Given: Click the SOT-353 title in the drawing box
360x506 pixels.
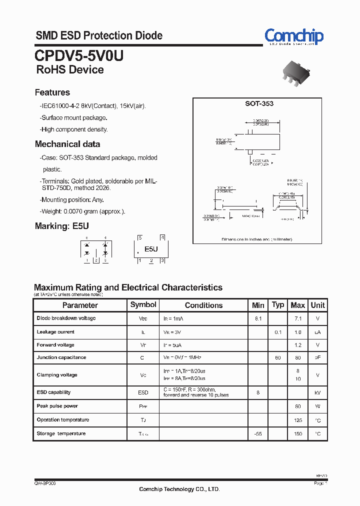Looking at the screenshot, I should click(x=259, y=103).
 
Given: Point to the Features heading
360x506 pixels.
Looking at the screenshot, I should click(x=52, y=92).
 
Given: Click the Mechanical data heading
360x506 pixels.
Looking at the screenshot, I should click(x=67, y=144).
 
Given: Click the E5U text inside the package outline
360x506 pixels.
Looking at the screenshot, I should click(x=151, y=249).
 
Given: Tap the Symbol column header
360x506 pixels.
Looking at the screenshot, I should click(x=143, y=304).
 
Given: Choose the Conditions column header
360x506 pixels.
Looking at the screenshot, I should click(x=203, y=305).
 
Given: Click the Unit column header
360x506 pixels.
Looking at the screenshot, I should click(x=317, y=305).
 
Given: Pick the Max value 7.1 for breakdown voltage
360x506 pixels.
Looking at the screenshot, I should click(x=298, y=318).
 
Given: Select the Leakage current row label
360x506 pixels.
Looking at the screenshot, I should click(x=55, y=332).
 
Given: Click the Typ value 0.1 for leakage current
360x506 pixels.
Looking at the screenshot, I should click(x=278, y=332).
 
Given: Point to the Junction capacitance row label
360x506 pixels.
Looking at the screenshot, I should click(x=61, y=357).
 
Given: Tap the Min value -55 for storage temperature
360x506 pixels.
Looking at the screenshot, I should click(x=258, y=434).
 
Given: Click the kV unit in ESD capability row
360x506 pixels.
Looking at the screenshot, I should click(x=317, y=393).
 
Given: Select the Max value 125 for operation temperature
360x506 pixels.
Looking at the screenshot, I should click(x=298, y=420).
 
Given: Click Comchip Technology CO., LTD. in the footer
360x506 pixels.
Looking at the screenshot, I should click(x=179, y=489).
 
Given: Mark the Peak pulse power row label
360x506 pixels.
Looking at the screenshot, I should click(x=57, y=406).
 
